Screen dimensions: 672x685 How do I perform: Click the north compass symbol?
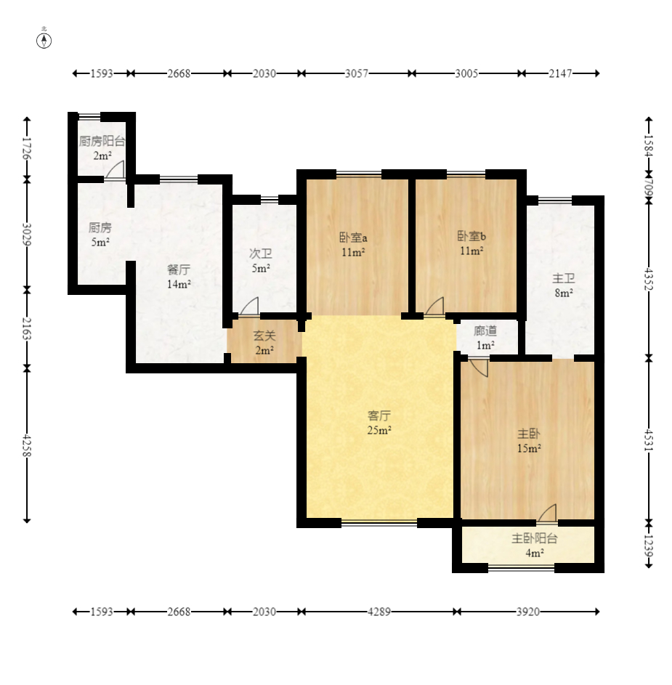44,39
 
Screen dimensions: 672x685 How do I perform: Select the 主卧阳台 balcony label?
535,538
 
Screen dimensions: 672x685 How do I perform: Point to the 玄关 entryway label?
264,336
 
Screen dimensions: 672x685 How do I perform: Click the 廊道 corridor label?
485,331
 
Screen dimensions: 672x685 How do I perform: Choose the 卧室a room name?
354,238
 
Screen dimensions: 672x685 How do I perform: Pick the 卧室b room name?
471,236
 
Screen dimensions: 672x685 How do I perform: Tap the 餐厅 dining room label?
179,269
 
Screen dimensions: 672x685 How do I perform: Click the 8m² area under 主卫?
564,293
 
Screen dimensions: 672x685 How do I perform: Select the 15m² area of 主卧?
529,448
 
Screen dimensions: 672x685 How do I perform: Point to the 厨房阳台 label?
102,141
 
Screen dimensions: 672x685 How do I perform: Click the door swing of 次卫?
249,305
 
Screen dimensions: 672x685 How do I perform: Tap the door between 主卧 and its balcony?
546,512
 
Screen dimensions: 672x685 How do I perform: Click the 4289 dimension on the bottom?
378,612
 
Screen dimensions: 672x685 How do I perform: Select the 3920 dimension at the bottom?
528,612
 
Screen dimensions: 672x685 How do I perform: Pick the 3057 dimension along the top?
357,73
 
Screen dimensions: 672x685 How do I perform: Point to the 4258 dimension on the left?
27,445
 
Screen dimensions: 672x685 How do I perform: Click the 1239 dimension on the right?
649,546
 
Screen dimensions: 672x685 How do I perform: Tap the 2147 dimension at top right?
560,73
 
